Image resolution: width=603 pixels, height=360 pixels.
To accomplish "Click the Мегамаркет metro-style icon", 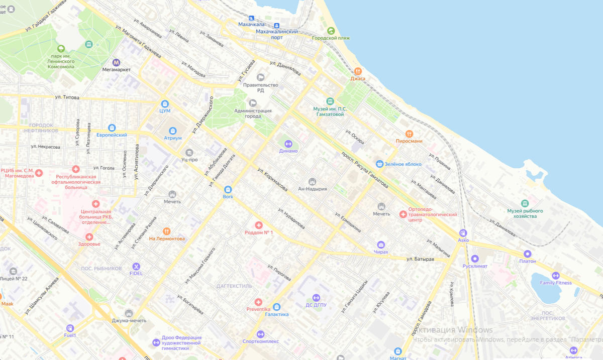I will (116, 62).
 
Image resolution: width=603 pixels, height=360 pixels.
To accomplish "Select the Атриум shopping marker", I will (172, 131).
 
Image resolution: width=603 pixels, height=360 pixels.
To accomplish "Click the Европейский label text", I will (112, 135).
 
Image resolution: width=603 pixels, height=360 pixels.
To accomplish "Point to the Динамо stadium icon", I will (288, 144).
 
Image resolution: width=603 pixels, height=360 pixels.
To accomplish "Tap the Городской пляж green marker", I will (330, 31).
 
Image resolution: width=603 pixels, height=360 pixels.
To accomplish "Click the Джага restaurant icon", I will (358, 71).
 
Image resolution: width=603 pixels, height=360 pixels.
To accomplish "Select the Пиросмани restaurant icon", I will (409, 134).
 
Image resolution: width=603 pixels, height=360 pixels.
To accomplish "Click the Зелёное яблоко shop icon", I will (380, 164).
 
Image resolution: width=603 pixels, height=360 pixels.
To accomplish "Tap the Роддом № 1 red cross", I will (258, 225).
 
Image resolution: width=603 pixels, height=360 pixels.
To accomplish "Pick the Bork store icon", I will (228, 189).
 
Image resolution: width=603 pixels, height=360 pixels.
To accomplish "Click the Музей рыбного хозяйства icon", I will (525, 203).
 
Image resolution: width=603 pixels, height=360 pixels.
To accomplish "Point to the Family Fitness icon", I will (555, 275).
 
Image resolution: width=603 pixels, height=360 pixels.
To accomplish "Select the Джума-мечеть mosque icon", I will (129, 313).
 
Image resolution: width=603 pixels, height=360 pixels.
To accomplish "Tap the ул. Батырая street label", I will (420, 259).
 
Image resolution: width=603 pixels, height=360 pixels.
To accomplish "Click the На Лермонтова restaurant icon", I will (167, 231).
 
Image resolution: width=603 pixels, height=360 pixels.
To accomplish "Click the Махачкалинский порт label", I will (276, 32).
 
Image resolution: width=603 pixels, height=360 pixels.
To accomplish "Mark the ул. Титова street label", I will (67, 97).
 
